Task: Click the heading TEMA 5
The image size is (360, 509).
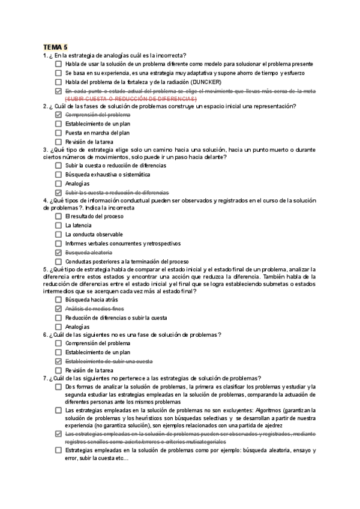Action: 55,46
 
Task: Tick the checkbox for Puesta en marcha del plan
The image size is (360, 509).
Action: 58,133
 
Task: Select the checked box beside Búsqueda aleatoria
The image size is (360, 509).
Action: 58,253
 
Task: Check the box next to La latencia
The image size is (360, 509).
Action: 58,225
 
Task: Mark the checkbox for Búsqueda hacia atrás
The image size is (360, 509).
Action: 58,299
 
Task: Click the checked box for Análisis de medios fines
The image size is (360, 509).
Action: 58,309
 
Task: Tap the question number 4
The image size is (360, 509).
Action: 45,200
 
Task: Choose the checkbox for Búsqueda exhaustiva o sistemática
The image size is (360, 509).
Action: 58,175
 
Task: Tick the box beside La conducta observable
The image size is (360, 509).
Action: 58,234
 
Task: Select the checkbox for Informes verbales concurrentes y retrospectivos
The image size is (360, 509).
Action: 58,244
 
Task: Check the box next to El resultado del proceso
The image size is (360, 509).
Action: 58,216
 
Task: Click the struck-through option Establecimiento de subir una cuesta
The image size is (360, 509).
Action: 109,361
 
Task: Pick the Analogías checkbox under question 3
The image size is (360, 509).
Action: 58,184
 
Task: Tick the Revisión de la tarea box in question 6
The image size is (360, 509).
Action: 58,370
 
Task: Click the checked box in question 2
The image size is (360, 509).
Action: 58,115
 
